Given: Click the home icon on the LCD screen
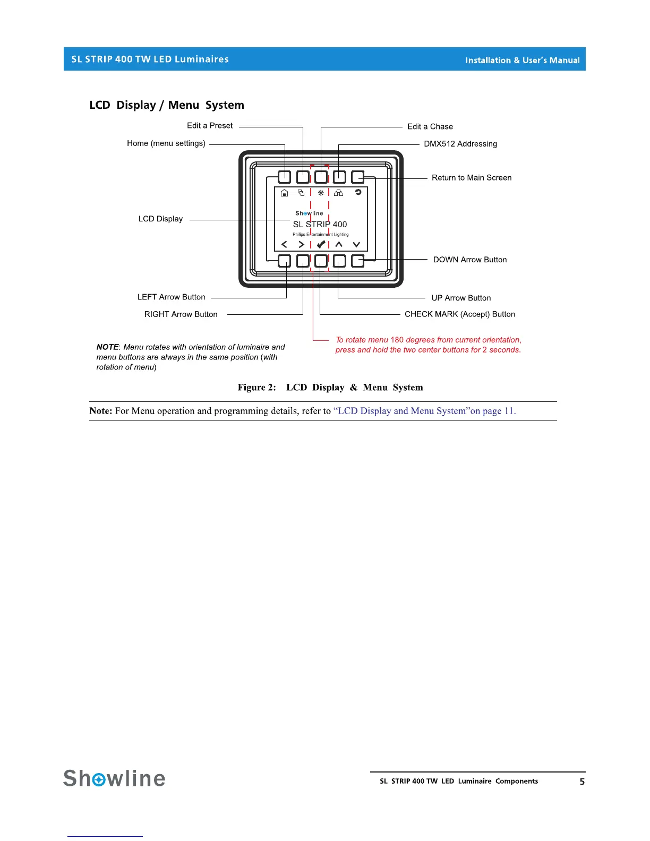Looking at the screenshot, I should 284,193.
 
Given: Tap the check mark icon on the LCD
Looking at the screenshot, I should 321,244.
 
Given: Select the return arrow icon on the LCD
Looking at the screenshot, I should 358,192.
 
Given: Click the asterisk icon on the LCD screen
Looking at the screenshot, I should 321,193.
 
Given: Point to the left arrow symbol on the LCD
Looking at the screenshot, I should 284,244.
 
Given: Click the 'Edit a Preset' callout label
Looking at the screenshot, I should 210,126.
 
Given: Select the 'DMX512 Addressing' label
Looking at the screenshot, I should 460,144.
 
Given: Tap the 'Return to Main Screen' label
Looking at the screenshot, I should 471,178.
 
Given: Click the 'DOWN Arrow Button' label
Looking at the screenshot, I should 469,260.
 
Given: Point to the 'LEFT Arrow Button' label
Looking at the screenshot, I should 171,297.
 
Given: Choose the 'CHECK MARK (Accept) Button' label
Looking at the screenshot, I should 459,314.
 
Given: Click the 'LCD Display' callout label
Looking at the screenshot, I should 160,219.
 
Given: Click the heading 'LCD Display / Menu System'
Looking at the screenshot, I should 167,105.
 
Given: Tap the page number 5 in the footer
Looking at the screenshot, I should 582,782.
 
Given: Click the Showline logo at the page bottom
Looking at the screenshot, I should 114,778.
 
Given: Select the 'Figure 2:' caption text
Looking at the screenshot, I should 257,388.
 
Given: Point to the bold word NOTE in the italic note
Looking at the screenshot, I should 108,347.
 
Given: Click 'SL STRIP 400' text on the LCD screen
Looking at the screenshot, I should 320,225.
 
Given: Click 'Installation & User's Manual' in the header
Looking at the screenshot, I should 522,61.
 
